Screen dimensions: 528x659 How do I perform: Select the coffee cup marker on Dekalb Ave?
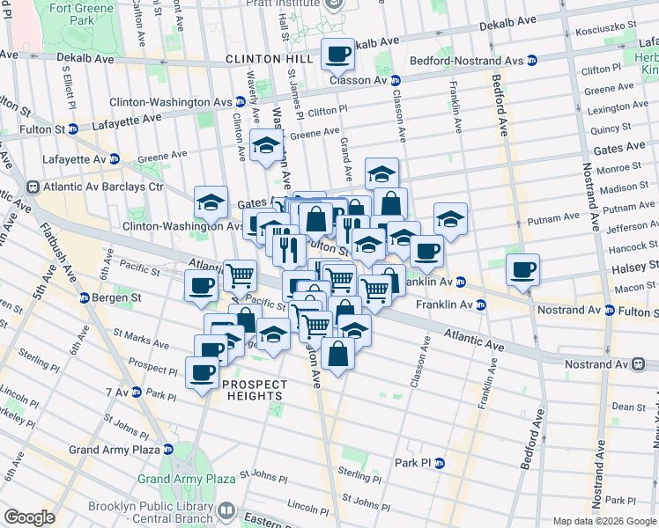pyautogui.click(x=337, y=55)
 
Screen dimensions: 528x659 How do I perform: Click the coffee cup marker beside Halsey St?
pyautogui.click(x=523, y=268)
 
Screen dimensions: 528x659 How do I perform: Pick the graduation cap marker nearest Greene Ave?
pyautogui.click(x=264, y=146)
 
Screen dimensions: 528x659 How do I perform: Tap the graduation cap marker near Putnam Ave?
pyautogui.click(x=450, y=218)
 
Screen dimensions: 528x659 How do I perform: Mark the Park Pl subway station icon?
pyautogui.click(x=440, y=463)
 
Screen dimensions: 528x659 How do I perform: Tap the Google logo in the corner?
pyautogui.click(x=29, y=517)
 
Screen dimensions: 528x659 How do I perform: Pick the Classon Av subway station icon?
pyautogui.click(x=396, y=80)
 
